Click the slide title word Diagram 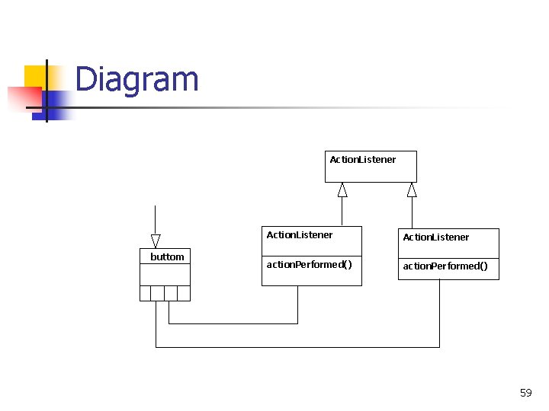click(x=137, y=79)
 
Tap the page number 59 click(x=525, y=393)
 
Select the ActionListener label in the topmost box click(x=363, y=160)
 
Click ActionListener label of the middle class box click(x=300, y=235)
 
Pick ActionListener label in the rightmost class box click(x=436, y=237)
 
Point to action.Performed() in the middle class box click(x=309, y=265)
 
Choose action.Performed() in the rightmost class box click(x=445, y=266)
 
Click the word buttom click(x=167, y=257)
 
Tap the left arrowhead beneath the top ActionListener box click(x=342, y=190)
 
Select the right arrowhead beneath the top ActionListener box click(x=412, y=190)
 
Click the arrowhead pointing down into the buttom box click(x=156, y=241)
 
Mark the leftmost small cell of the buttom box click(x=146, y=293)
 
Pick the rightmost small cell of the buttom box click(x=184, y=293)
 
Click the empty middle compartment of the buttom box click(x=165, y=274)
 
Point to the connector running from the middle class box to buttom click(x=233, y=323)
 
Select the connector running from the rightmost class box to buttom click(x=297, y=347)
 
